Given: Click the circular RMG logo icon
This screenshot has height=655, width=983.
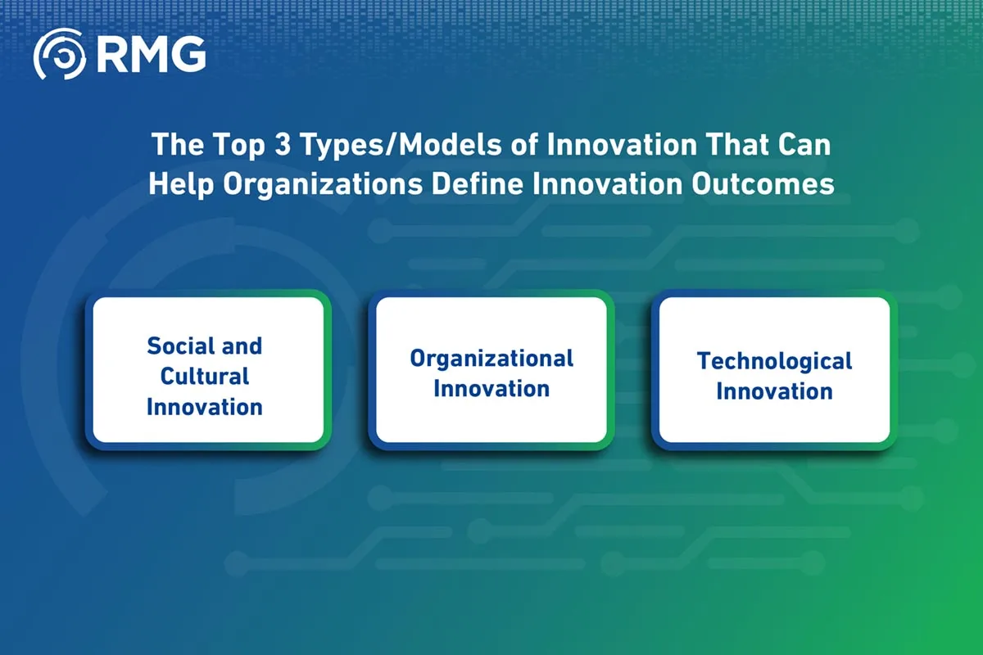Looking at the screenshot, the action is coord(60,54).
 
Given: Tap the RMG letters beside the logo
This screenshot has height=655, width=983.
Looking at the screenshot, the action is coord(151,54).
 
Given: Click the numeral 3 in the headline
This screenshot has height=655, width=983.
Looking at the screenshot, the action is coord(283,144).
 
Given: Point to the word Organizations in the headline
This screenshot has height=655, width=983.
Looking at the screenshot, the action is coord(323,185).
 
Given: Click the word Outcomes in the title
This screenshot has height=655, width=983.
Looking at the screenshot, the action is coord(763,184).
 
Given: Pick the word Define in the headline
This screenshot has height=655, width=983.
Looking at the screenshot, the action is coord(478,184).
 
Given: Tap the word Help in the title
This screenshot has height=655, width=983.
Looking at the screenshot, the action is coord(181,185).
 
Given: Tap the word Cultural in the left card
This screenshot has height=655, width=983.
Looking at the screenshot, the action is coord(205,377).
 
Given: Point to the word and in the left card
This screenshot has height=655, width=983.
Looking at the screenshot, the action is coord(242,346).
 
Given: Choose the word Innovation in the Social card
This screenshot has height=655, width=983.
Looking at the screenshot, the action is coord(205,407).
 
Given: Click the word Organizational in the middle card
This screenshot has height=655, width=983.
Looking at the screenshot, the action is coord(491,359).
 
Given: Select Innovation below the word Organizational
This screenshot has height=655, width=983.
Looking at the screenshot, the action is coord(491,389).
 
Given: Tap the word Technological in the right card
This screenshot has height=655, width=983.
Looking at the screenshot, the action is coord(775,363).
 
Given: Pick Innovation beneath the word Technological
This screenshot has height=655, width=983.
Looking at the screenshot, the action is coord(775,391).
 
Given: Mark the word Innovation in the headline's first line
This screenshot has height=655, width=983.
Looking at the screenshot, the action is coord(622,144).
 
